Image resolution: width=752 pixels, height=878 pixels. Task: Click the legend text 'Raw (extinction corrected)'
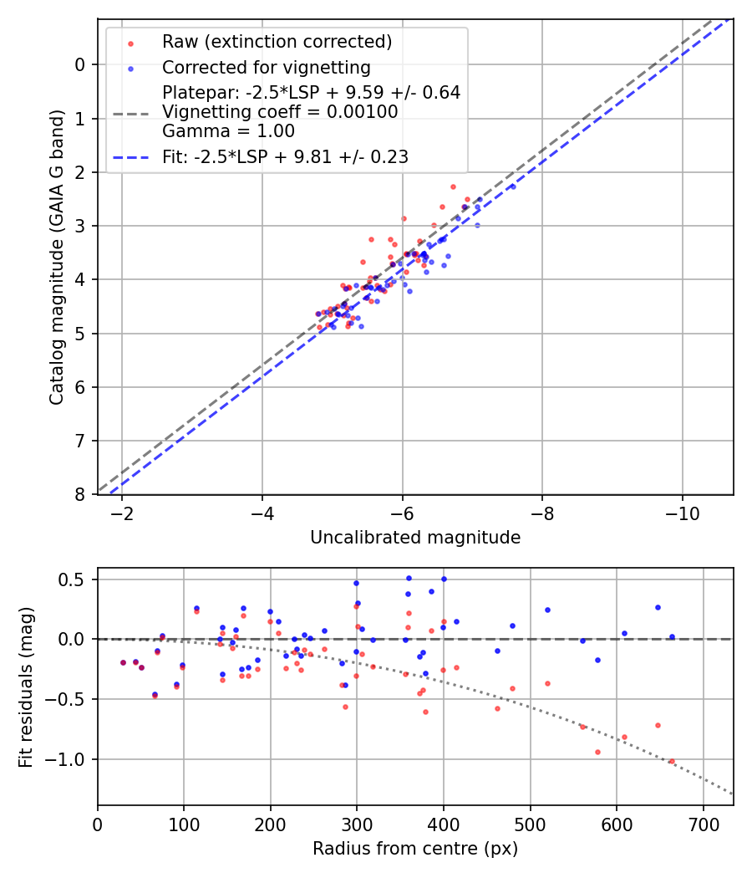pos(277,42)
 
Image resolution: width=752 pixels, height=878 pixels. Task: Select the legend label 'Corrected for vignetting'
pos(266,67)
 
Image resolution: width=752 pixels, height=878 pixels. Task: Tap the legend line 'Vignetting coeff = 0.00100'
pos(280,112)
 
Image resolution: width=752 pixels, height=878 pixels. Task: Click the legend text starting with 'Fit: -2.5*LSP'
pos(285,156)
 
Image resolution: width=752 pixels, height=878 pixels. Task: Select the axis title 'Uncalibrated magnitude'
pos(415,538)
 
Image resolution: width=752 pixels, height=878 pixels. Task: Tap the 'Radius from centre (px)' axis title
pos(415,849)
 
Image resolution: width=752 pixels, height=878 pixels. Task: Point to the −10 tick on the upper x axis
pos(683,512)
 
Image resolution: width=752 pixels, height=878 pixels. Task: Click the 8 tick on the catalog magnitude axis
pos(80,494)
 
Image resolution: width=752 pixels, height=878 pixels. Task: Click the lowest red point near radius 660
pos(671,761)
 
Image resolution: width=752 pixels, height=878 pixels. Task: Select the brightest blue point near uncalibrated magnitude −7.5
pos(512,186)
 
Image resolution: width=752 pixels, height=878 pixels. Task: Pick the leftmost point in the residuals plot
pos(123,662)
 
